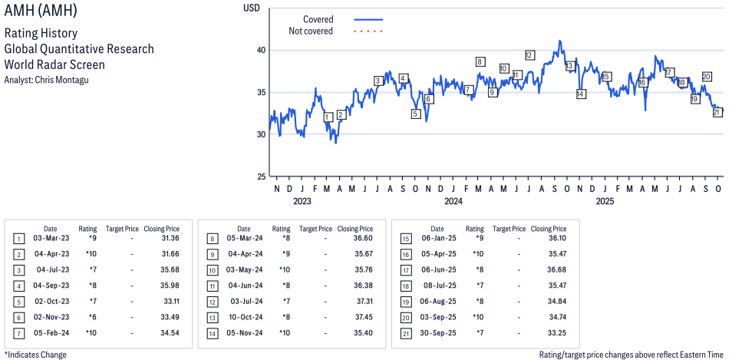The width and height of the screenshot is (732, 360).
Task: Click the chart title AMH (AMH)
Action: [x=40, y=12]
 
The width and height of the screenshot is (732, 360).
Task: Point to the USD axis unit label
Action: [x=251, y=8]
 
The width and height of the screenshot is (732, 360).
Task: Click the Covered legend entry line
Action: [x=368, y=19]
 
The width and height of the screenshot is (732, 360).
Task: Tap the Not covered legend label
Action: [x=311, y=31]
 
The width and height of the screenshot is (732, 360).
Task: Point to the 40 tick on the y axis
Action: [x=260, y=51]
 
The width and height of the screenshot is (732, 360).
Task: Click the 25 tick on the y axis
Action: [x=260, y=177]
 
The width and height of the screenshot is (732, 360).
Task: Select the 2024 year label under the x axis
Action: [x=453, y=202]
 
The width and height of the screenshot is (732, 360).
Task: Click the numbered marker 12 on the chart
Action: [x=529, y=55]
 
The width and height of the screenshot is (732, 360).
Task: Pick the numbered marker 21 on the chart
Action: [x=717, y=112]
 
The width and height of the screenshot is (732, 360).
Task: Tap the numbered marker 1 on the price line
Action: [x=328, y=117]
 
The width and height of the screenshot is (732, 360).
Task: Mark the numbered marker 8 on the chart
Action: [x=480, y=62]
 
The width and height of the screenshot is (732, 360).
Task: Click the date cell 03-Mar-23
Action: [x=51, y=239]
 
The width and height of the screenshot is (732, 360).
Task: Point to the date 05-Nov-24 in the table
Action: [x=244, y=332]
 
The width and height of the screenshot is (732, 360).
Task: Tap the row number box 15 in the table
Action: [x=405, y=239]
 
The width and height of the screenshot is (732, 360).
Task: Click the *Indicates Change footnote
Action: [x=35, y=355]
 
